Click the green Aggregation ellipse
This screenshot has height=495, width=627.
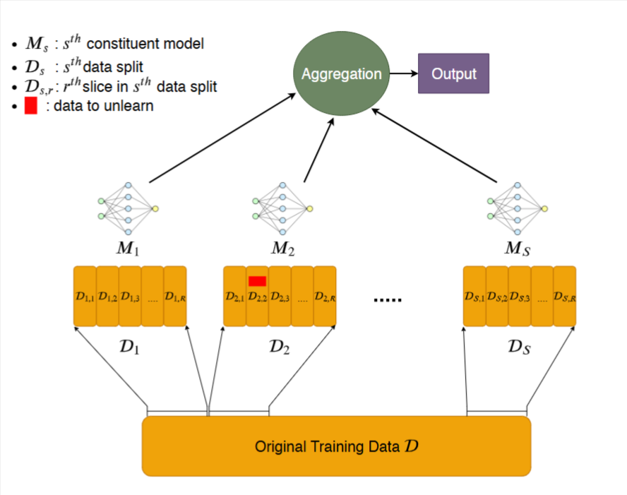click(x=342, y=73)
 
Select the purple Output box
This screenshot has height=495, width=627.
click(x=453, y=73)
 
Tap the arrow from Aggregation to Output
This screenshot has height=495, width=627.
click(x=404, y=73)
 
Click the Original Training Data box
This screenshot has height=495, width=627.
click(x=336, y=446)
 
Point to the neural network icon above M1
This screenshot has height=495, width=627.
click(x=128, y=208)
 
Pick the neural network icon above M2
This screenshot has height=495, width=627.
click(x=282, y=208)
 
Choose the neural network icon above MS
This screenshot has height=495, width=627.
click(x=518, y=208)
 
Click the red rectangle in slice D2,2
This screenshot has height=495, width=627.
click(x=257, y=281)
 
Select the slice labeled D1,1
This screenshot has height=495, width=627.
click(x=85, y=297)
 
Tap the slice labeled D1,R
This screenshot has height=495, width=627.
click(x=175, y=297)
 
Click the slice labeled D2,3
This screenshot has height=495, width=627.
click(x=280, y=297)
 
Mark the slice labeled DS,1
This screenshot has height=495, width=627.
click(x=474, y=297)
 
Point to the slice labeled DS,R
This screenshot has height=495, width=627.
click(x=565, y=297)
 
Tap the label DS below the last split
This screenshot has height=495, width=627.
click(x=518, y=347)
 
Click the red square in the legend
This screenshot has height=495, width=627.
click(x=30, y=107)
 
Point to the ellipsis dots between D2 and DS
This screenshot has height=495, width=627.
click(x=387, y=299)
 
